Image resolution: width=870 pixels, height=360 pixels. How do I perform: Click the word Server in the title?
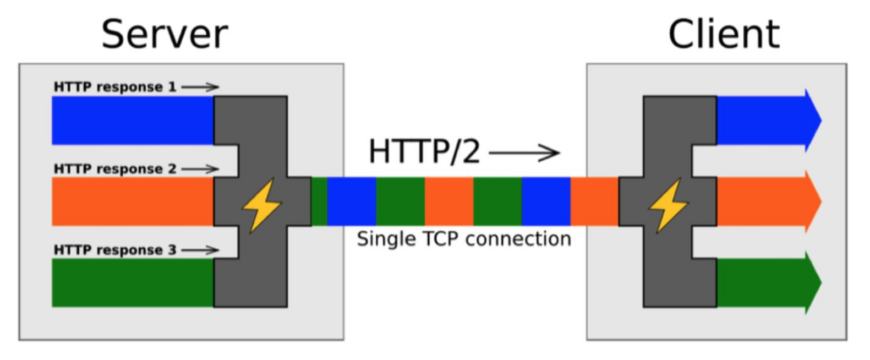click(164, 34)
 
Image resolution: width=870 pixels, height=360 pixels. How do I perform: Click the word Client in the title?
click(724, 34)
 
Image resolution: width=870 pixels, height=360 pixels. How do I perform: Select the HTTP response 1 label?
click(114, 87)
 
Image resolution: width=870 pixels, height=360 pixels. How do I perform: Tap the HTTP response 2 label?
click(114, 169)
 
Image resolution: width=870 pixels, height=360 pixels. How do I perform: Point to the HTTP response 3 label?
click(114, 250)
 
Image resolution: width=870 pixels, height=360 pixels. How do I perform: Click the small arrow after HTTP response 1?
click(200, 87)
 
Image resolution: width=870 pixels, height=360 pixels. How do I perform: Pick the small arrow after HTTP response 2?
click(200, 169)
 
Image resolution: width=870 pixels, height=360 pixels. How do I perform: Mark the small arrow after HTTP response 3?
click(200, 250)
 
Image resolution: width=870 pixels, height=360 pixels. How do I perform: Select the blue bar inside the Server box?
click(133, 121)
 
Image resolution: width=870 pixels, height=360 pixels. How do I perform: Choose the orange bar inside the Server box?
click(133, 201)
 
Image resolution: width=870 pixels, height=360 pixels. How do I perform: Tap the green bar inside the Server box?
click(133, 282)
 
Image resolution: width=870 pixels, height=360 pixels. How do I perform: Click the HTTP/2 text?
click(424, 152)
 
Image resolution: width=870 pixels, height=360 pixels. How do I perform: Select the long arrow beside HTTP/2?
click(524, 152)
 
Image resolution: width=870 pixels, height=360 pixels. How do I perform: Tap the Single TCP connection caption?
click(463, 239)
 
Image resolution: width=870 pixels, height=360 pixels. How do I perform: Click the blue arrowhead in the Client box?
click(813, 120)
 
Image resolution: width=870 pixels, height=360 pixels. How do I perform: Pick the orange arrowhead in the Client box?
click(813, 201)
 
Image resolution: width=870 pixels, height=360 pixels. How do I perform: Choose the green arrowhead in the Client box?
click(813, 282)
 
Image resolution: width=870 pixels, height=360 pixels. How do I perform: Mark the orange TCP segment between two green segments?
click(448, 201)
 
